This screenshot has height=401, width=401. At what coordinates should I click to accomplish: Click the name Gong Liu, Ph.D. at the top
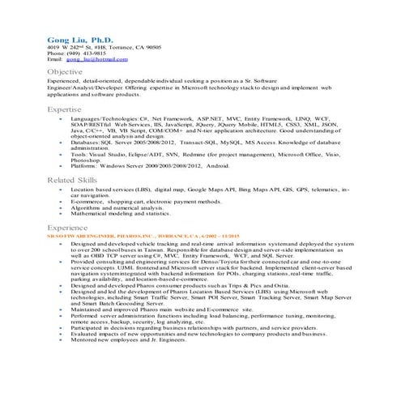79,39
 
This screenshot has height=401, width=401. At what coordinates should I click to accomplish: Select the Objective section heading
65,72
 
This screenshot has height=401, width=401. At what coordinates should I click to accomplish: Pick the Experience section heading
67,228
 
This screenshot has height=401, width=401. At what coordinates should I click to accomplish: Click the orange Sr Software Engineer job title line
146,237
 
